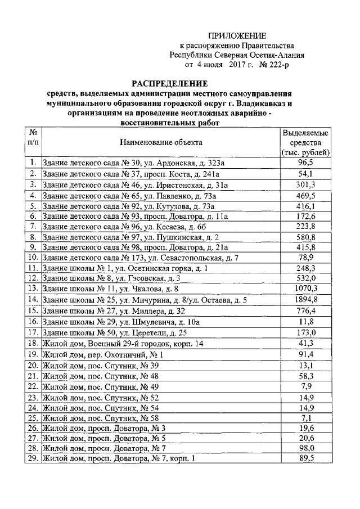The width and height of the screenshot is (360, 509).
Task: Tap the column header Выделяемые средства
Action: tap(305, 143)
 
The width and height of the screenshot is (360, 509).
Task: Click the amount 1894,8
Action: tap(305, 300)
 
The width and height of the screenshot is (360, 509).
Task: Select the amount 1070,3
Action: tap(305, 288)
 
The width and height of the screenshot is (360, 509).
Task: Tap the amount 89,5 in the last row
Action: tap(305, 458)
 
